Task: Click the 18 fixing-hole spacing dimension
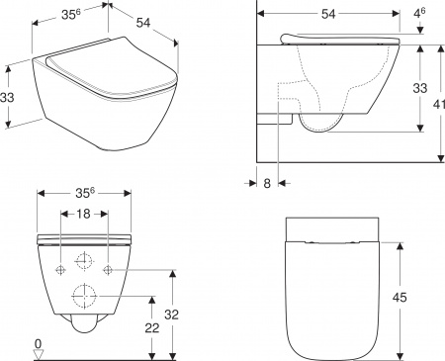(x=85, y=215)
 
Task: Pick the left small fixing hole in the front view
(x=61, y=269)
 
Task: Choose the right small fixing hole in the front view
(x=108, y=269)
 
